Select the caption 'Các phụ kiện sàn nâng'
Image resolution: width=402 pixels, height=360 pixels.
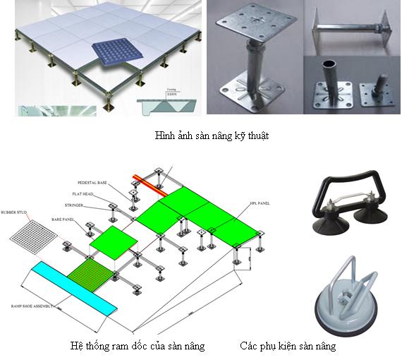(287, 346)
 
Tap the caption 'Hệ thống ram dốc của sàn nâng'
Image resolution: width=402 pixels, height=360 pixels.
(138, 346)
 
